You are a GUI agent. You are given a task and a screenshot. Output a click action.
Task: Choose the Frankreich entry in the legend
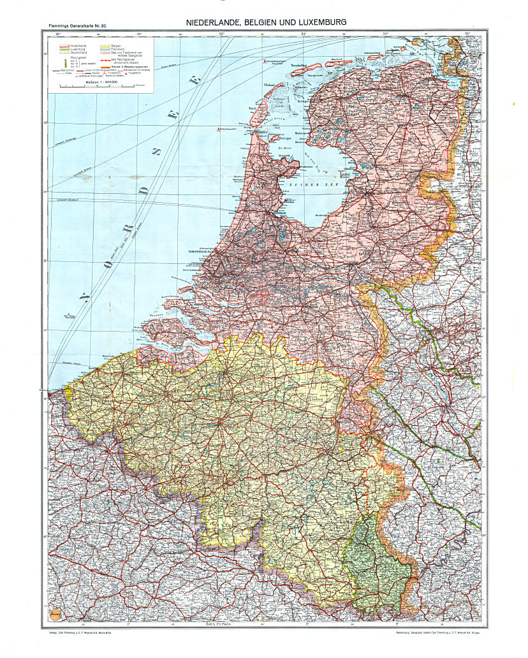click(119, 48)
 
